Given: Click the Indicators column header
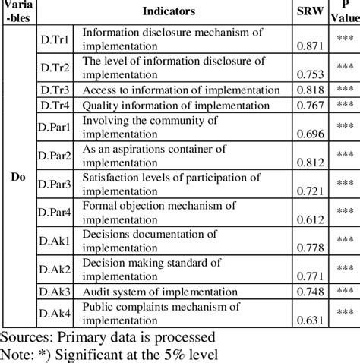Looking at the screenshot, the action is [167, 11].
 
